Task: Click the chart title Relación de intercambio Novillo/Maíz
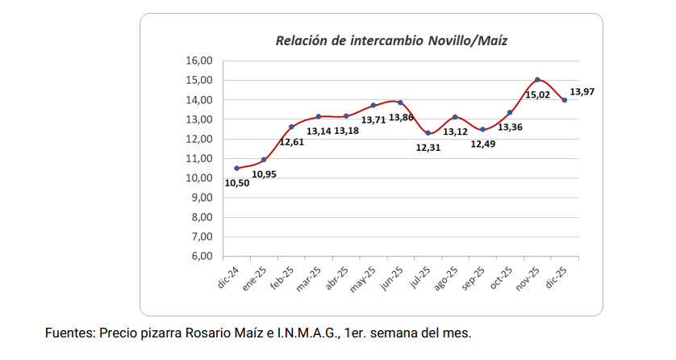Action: [391, 40]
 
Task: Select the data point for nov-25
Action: [537, 79]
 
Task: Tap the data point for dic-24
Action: [236, 168]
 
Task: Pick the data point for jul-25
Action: [428, 133]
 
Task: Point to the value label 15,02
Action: [537, 94]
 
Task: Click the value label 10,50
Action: [236, 182]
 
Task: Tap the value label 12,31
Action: [428, 148]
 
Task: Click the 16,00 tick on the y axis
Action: [199, 61]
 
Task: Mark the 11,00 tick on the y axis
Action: [199, 159]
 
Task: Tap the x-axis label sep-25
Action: [473, 278]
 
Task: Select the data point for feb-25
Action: [291, 127]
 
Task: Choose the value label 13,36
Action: [510, 127]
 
